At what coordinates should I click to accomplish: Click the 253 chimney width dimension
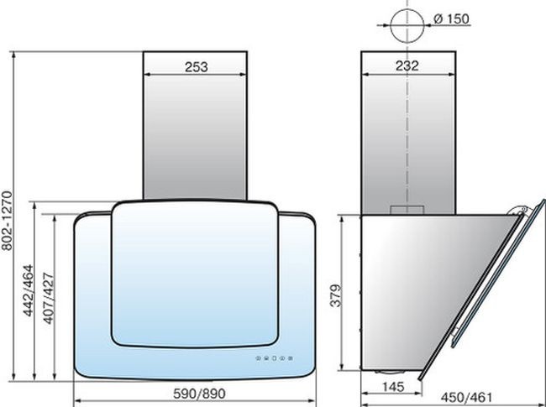click(x=196, y=67)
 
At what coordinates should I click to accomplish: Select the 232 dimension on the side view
click(x=407, y=65)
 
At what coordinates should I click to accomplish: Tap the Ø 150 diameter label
click(x=452, y=19)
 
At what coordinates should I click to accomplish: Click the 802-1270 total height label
click(x=7, y=221)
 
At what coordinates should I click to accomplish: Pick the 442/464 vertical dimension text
click(x=29, y=290)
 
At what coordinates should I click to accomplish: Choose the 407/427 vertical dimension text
click(x=49, y=299)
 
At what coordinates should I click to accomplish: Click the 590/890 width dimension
click(x=199, y=394)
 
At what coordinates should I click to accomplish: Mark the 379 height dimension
click(x=336, y=295)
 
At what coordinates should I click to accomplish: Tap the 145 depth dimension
click(x=393, y=387)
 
